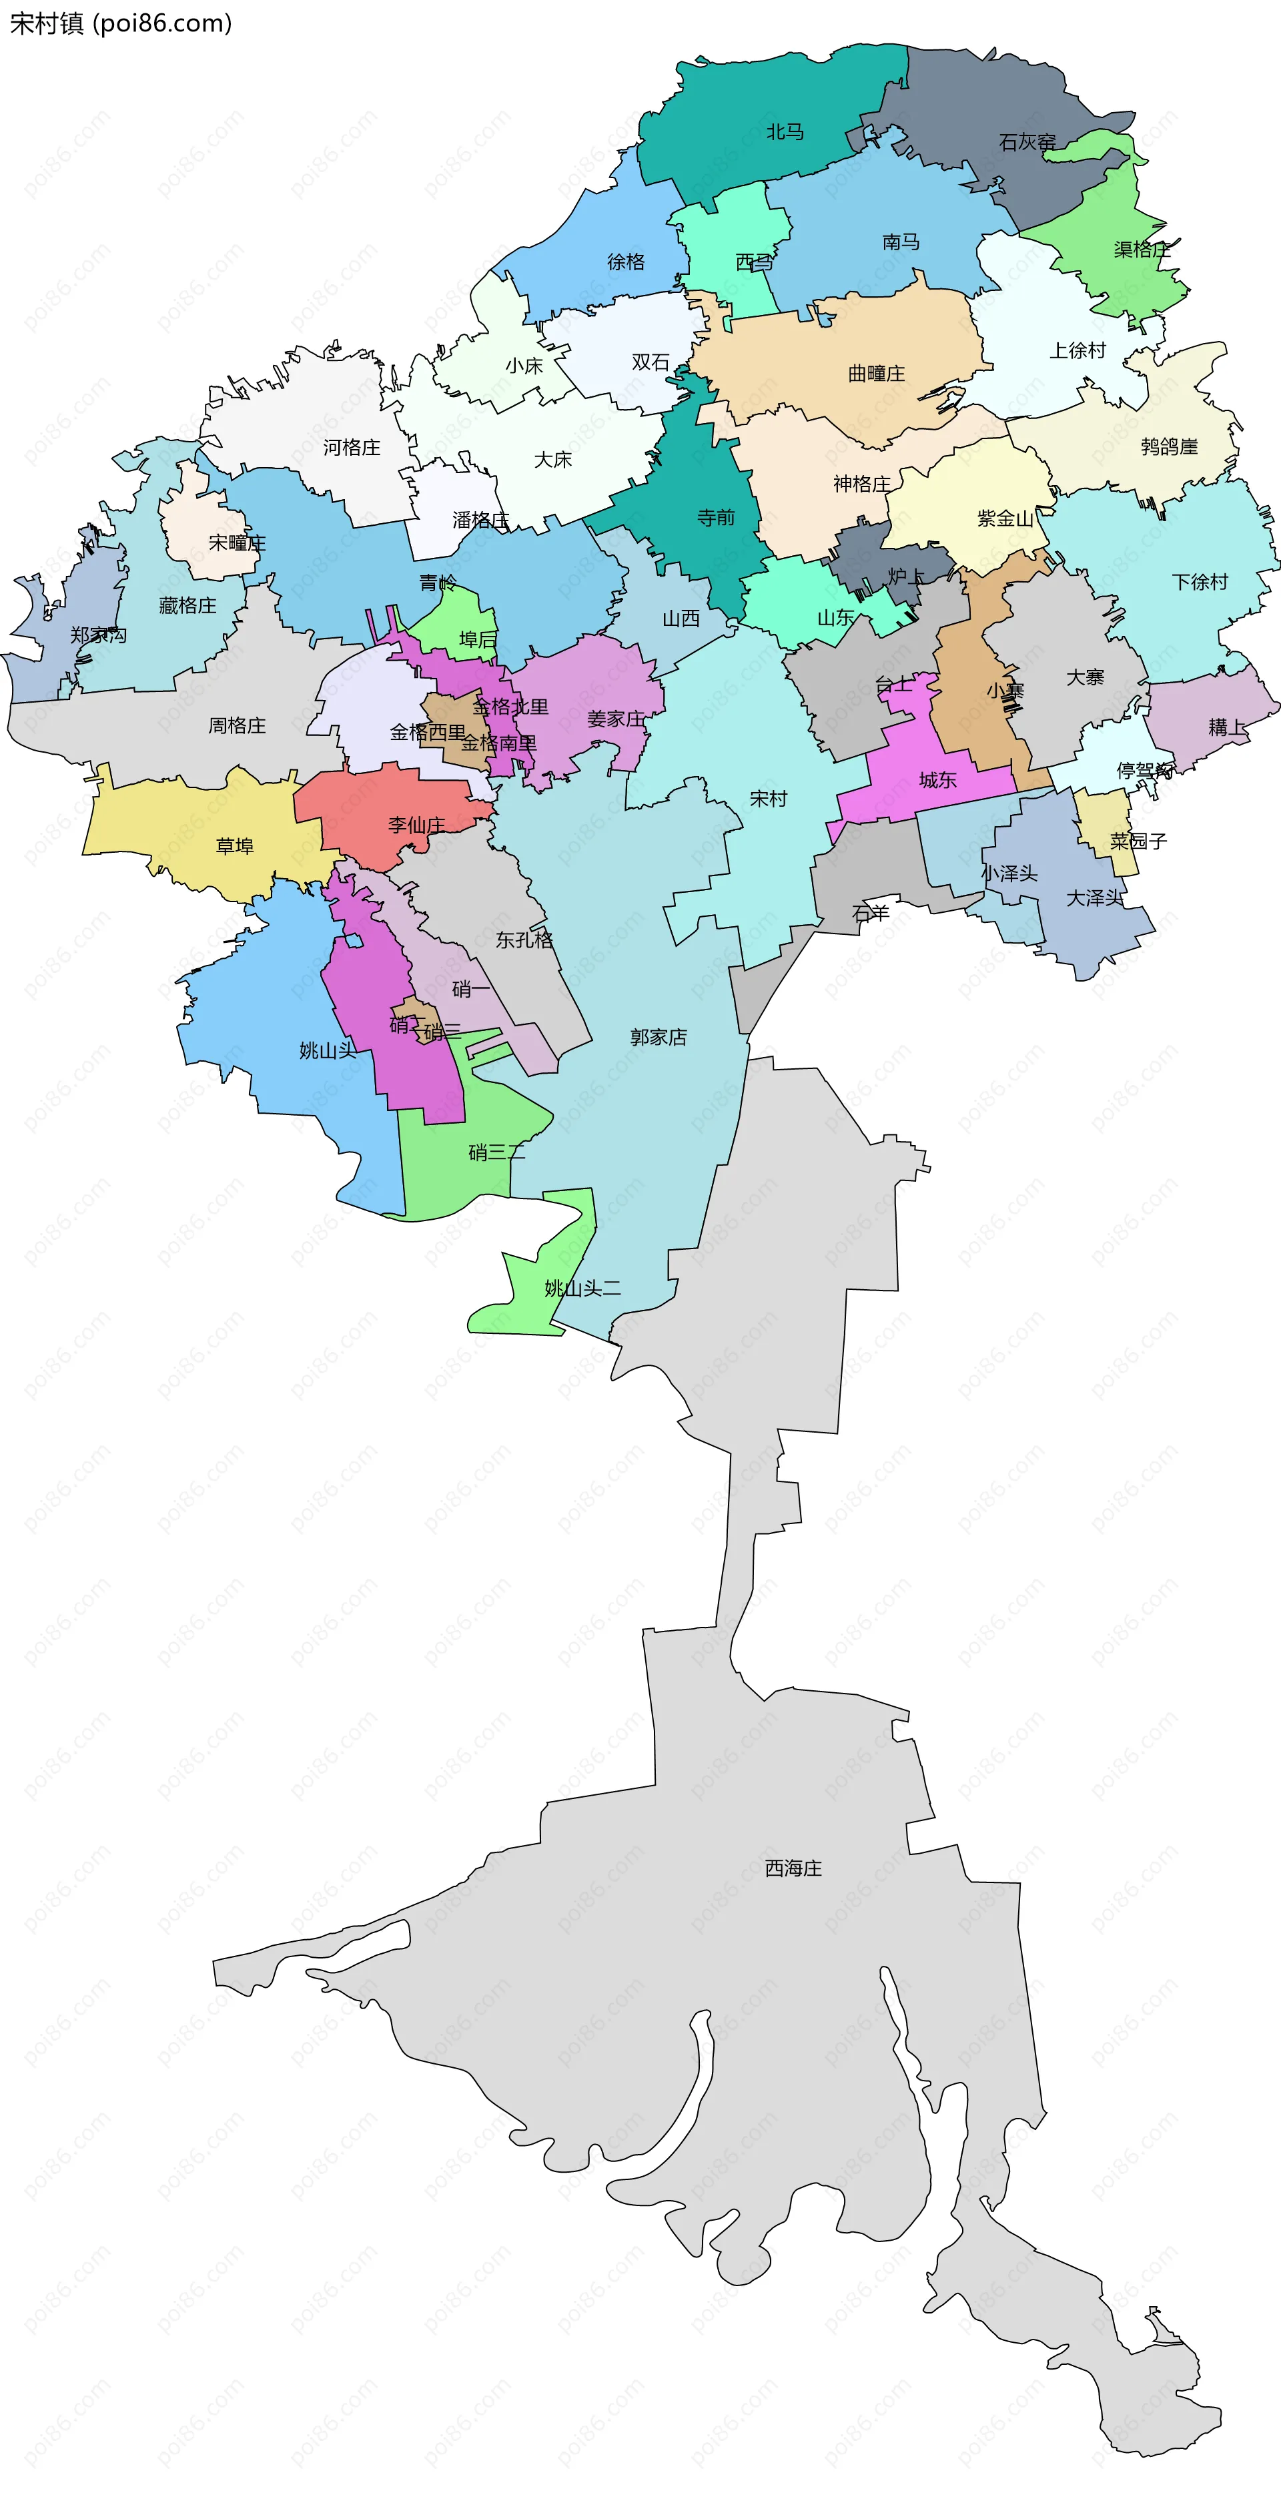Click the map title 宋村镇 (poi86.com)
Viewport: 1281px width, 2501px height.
tap(120, 23)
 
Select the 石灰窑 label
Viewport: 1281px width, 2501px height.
tap(1027, 141)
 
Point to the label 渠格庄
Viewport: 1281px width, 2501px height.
tap(1142, 250)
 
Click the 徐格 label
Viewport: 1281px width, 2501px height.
tap(625, 261)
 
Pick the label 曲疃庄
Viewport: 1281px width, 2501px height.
tap(875, 373)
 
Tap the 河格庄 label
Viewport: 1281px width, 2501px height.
tap(352, 448)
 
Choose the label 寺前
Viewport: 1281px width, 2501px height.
tap(715, 517)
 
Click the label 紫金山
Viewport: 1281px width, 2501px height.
tap(1004, 518)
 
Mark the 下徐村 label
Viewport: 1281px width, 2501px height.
tap(1200, 582)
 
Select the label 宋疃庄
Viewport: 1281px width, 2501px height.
tap(237, 543)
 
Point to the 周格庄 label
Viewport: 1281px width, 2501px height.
tap(237, 725)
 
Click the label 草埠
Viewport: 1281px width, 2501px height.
tap(234, 845)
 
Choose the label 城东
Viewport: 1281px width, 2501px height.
tap(937, 779)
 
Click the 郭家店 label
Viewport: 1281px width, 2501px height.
tap(658, 1037)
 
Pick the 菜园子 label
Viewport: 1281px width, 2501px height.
tap(1138, 841)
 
